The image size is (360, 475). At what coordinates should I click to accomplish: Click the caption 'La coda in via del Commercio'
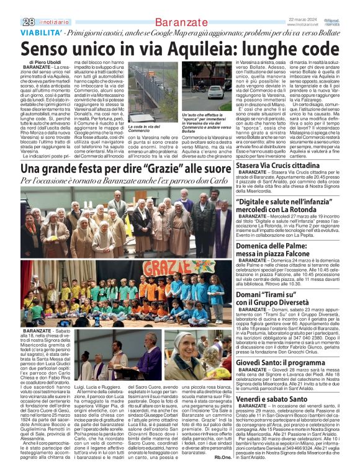point(146,129)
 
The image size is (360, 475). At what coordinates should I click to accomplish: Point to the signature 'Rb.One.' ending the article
point(222,456)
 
